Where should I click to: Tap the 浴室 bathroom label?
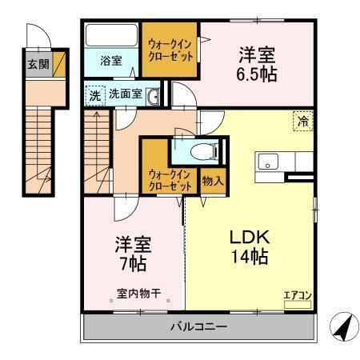[x=111, y=61]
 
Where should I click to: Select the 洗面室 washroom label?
[x=126, y=93]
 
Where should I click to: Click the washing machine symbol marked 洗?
[x=95, y=94]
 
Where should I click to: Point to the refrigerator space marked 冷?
[x=303, y=122]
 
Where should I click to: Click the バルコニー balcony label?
[x=198, y=326]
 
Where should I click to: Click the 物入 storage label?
[x=212, y=181]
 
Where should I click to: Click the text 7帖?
[x=133, y=261]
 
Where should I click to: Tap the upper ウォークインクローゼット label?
[x=170, y=51]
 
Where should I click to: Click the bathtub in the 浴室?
[x=112, y=36]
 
